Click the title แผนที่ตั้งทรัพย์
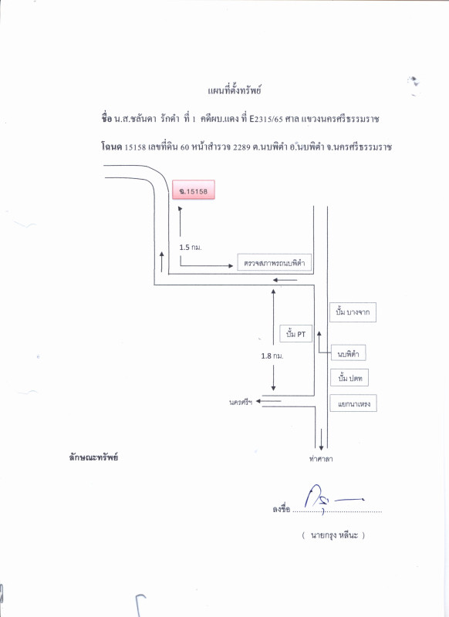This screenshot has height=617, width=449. [235, 90]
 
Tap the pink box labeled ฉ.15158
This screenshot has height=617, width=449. [194, 190]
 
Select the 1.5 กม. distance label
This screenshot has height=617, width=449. [191, 247]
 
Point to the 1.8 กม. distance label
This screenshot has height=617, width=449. [272, 356]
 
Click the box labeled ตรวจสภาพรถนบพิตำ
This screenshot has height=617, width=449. [275, 262]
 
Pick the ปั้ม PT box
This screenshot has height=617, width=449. [296, 334]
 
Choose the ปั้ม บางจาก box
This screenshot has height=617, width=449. [353, 312]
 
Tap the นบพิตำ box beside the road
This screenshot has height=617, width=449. [348, 353]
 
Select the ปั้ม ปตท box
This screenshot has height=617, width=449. [349, 378]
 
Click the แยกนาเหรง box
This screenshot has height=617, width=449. [353, 403]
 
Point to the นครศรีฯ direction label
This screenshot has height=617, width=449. [241, 402]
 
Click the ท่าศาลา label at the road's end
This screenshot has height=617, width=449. [321, 458]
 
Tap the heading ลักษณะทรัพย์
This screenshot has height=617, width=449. [93, 457]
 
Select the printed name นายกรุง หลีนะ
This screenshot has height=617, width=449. [334, 535]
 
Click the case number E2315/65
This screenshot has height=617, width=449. [266, 119]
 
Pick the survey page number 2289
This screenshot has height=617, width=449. [241, 147]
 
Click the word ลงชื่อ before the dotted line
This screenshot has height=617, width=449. [281, 509]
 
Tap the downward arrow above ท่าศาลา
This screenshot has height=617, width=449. [322, 440]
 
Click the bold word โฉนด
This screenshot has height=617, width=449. [111, 147]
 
